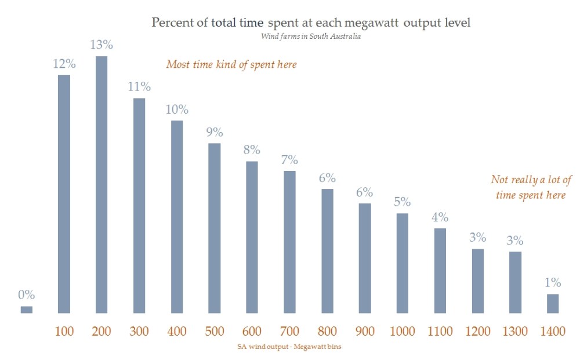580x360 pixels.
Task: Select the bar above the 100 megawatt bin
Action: (x=64, y=194)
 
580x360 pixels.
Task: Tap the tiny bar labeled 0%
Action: (x=27, y=310)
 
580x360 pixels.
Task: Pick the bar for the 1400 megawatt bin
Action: (x=553, y=303)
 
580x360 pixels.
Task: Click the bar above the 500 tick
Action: (x=214, y=228)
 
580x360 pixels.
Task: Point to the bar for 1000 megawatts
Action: (x=403, y=263)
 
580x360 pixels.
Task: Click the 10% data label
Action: (x=176, y=110)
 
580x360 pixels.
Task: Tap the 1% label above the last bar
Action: (x=553, y=283)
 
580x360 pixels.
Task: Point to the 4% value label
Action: (x=440, y=217)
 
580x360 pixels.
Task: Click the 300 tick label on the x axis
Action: (x=139, y=332)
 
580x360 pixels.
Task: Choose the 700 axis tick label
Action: (x=289, y=332)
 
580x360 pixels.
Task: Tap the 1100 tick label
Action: (x=440, y=332)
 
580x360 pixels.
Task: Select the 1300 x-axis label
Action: (x=515, y=332)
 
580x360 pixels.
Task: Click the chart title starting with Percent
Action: (x=310, y=23)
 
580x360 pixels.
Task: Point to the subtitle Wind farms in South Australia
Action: (x=311, y=37)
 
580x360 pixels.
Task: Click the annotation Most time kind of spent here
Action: (x=231, y=64)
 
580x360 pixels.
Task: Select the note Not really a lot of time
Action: (x=531, y=187)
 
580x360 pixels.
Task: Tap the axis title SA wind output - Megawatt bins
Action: (x=291, y=347)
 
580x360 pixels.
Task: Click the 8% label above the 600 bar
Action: (x=252, y=150)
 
